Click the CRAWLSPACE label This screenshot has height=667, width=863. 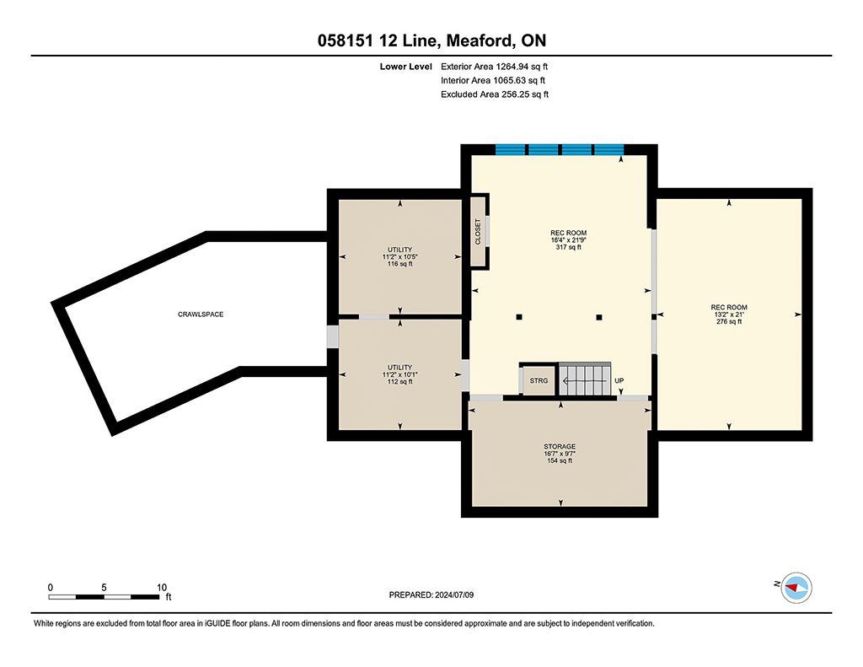coord(201,315)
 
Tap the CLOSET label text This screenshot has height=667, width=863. coord(478,232)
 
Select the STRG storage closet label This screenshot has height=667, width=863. coord(539,380)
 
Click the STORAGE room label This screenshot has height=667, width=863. coord(560,446)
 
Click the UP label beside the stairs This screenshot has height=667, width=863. coord(619,380)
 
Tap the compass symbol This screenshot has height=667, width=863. coord(796,588)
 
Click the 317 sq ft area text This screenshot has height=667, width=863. coord(569,247)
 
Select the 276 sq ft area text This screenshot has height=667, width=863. coord(729,321)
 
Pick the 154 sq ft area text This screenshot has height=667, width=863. coord(560,460)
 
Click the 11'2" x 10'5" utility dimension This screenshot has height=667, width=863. coord(399,256)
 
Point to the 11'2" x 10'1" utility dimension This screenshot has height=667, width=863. coord(399,374)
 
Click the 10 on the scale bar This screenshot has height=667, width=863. coord(162,587)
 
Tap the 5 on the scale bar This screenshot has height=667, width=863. coord(104,587)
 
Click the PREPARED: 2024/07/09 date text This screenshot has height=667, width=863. coord(431,594)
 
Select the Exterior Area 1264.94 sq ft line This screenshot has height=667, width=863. coord(494,67)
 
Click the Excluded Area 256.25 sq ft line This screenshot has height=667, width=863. coord(495,94)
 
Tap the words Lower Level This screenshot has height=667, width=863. coord(405,67)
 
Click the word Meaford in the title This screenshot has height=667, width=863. coord(476,40)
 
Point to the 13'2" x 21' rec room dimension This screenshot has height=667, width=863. coord(729,315)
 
